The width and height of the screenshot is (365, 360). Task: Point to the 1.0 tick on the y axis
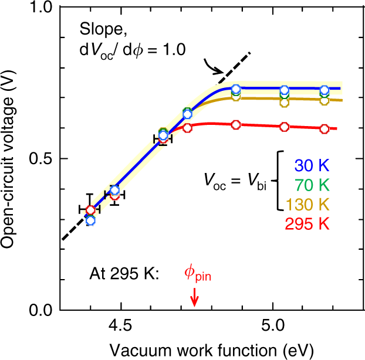(x=39, y=8)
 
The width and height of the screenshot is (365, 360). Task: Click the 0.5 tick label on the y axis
(x=39, y=159)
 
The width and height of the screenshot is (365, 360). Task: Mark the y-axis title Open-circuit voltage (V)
(x=11, y=158)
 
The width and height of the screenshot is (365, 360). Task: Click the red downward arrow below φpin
(x=195, y=299)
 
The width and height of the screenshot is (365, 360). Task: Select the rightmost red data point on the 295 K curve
(x=324, y=128)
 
